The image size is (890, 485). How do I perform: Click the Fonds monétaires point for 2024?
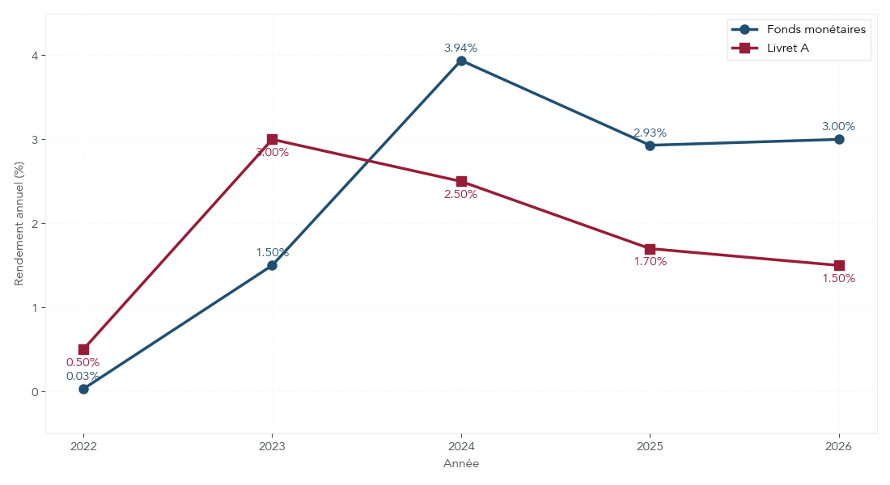pyautogui.click(x=461, y=61)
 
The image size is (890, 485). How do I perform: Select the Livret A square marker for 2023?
pyautogui.click(x=272, y=139)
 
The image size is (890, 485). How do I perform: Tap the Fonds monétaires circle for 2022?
pyautogui.click(x=83, y=389)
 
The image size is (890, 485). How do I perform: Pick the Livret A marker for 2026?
pyautogui.click(x=839, y=265)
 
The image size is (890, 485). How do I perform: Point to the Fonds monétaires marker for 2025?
pyautogui.click(x=650, y=145)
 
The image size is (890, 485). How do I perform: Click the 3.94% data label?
pyautogui.click(x=461, y=48)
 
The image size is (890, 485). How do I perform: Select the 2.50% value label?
pyautogui.click(x=461, y=194)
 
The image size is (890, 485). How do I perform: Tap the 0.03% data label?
pyautogui.click(x=83, y=376)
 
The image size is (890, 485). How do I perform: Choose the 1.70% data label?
pyautogui.click(x=650, y=261)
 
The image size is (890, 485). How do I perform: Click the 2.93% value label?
pyautogui.click(x=650, y=133)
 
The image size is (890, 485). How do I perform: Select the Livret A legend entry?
pyautogui.click(x=788, y=48)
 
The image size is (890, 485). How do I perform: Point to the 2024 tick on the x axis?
pyautogui.click(x=461, y=445)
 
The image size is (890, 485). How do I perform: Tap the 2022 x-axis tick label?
pyautogui.click(x=83, y=445)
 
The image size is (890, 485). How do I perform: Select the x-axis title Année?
pyautogui.click(x=461, y=464)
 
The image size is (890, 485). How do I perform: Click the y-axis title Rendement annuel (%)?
pyautogui.click(x=19, y=223)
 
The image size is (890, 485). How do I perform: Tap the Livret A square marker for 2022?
pyautogui.click(x=83, y=349)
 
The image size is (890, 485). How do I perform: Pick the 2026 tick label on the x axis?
pyautogui.click(x=839, y=445)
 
